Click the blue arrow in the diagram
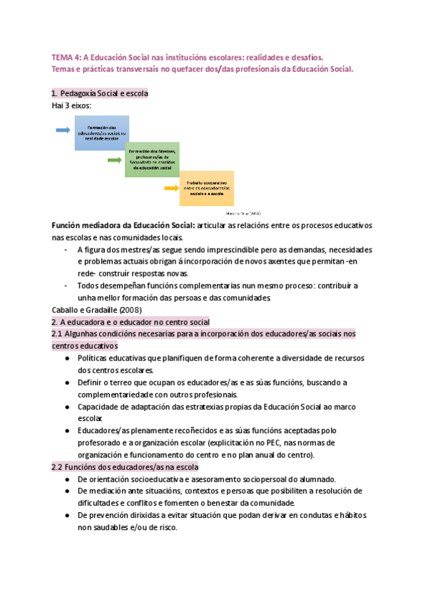(x=62, y=130)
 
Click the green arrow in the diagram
(x=114, y=160)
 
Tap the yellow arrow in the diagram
(x=170, y=188)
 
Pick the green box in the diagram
(x=153, y=160)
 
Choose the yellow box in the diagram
(x=207, y=188)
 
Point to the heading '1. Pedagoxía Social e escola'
(x=99, y=93)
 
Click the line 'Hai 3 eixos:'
(x=71, y=105)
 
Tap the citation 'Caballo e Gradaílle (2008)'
(x=97, y=310)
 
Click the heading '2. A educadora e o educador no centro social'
(x=131, y=322)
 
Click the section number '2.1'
(x=59, y=334)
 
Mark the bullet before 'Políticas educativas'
(x=66, y=358)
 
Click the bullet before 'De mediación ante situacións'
(x=66, y=491)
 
